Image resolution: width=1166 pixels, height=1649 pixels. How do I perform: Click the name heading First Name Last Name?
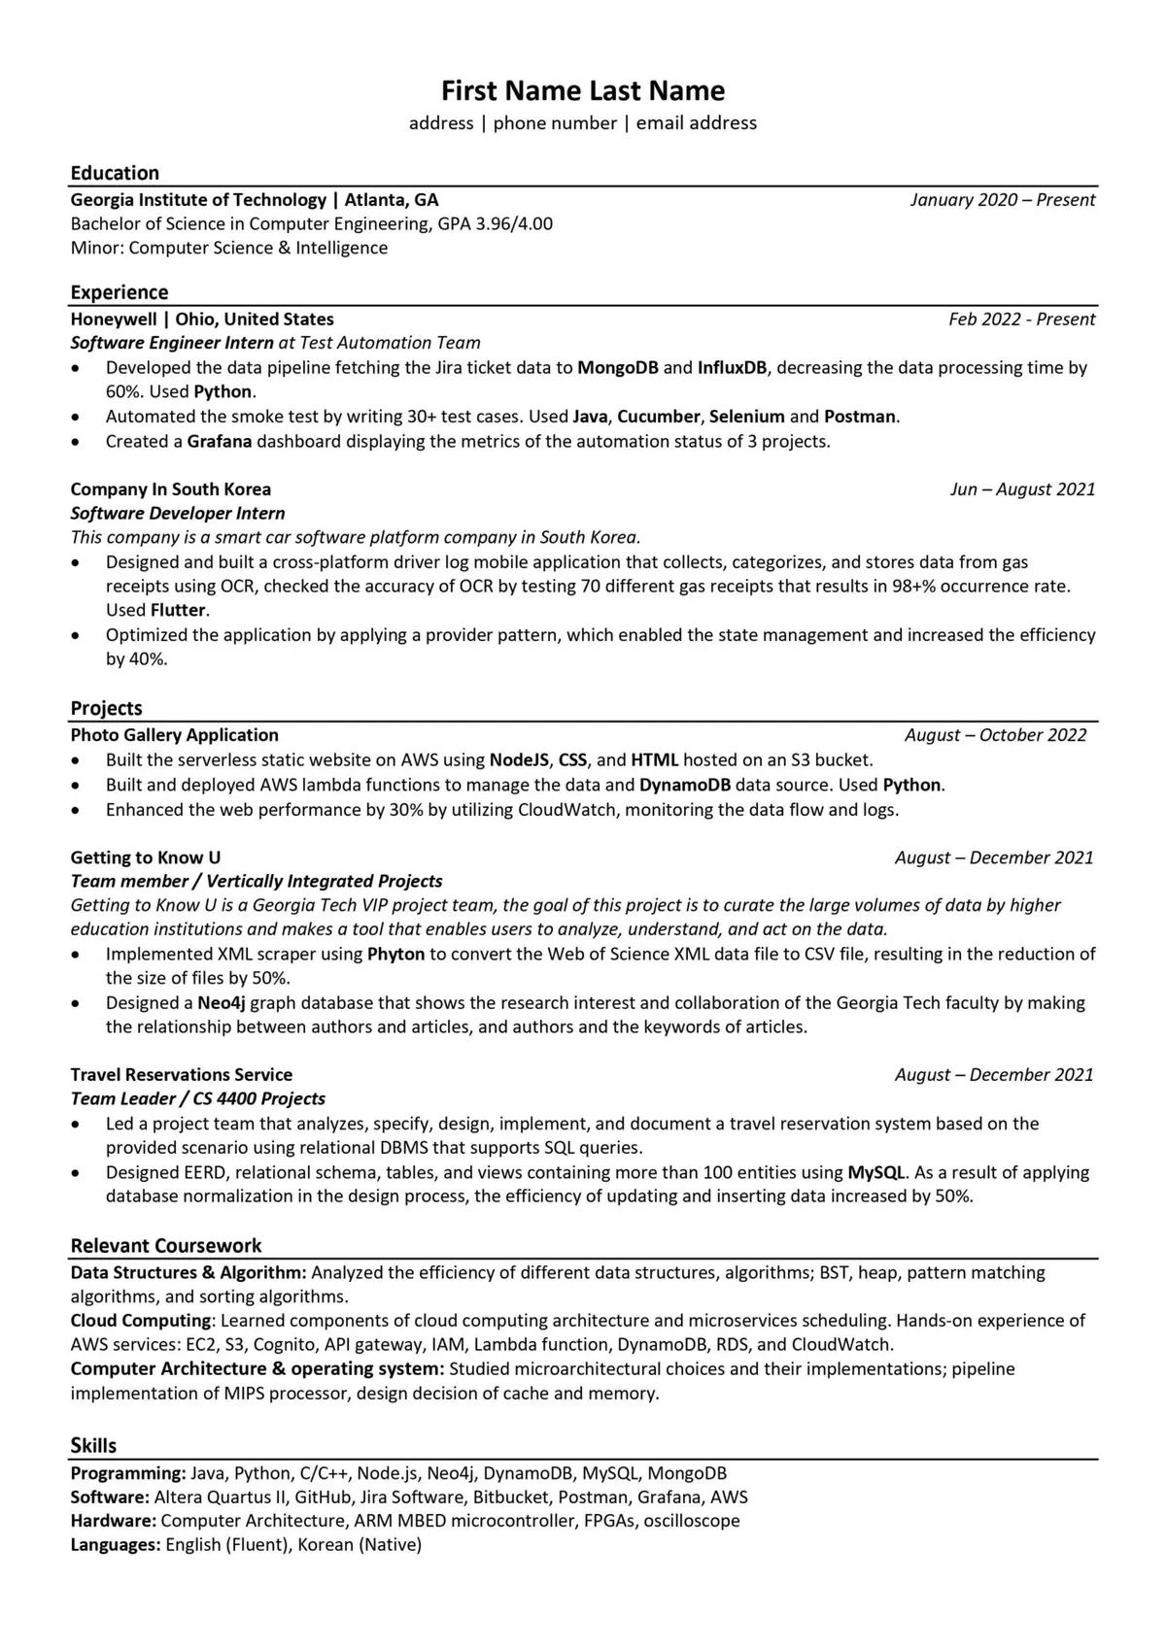(583, 90)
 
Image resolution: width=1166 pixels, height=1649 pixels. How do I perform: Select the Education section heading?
(115, 173)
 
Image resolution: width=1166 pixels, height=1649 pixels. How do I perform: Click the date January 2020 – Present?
(1002, 200)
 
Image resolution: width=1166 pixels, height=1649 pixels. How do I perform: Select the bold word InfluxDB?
(732, 368)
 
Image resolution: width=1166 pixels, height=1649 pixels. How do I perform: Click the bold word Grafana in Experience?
(220, 442)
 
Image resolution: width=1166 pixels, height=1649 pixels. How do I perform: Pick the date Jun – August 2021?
(1022, 489)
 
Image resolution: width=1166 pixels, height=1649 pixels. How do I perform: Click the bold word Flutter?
(179, 610)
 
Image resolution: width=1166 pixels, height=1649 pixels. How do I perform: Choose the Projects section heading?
(106, 708)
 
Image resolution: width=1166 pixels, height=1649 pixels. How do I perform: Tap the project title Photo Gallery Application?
(175, 735)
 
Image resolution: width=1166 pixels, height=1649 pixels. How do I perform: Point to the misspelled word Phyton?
(395, 954)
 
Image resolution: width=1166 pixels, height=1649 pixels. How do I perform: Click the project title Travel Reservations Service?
(182, 1074)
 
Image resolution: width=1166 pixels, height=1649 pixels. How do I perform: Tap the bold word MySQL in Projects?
(876, 1172)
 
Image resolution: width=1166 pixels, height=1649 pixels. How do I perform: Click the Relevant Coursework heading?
(166, 1245)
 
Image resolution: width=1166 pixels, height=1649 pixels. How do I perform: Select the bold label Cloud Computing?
(141, 1321)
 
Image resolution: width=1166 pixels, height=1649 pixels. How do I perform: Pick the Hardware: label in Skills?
(113, 1521)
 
